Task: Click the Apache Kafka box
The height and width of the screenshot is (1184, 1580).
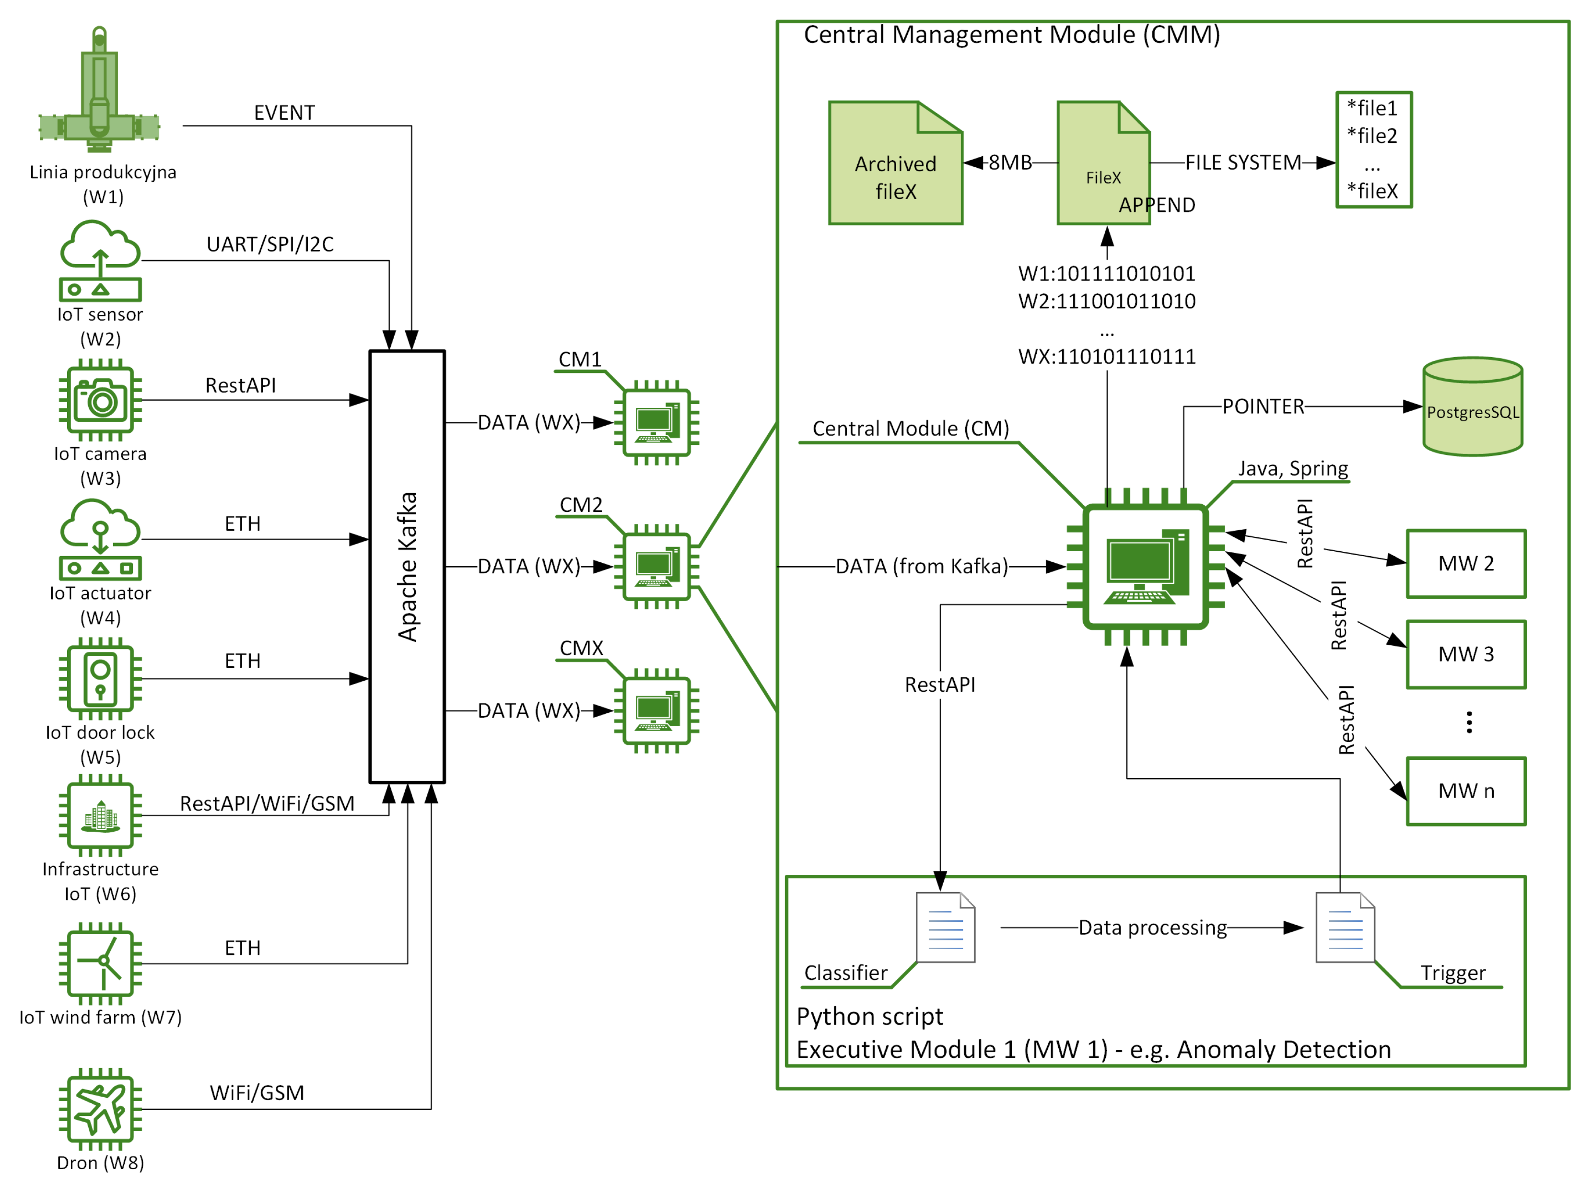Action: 407,566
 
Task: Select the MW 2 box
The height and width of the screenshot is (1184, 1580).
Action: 1466,563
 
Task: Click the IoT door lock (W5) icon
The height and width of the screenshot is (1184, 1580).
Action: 100,678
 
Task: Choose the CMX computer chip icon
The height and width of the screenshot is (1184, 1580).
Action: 655,710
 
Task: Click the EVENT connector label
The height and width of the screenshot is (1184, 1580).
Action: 284,113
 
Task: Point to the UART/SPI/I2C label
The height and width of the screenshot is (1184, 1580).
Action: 270,244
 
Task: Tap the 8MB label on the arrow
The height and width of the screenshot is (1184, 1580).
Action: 1010,163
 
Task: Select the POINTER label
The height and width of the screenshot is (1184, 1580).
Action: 1263,406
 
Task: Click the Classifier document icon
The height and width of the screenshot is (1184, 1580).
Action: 945,927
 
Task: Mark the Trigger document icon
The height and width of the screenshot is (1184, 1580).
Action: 1345,927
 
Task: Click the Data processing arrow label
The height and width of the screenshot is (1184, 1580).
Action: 1152,928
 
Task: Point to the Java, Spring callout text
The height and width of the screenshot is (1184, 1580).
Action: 1293,468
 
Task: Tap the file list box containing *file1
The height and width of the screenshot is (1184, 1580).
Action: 1374,149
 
